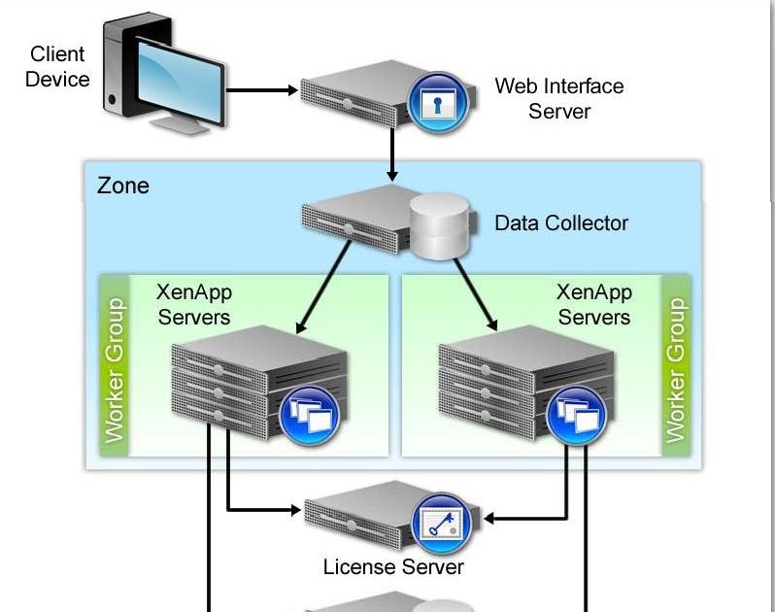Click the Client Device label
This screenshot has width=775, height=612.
(56, 67)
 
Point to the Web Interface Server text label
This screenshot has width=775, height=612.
(558, 98)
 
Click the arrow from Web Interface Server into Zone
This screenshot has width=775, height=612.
(392, 155)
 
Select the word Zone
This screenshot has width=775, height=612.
(123, 185)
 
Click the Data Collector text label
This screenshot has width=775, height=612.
(561, 223)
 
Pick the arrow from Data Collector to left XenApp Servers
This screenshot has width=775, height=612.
(325, 282)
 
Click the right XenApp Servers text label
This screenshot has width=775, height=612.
(594, 304)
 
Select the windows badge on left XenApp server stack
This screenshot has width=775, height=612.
(309, 416)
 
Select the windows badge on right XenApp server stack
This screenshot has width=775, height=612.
(577, 416)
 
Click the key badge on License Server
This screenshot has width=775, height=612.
(442, 524)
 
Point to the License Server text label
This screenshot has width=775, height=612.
(393, 566)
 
